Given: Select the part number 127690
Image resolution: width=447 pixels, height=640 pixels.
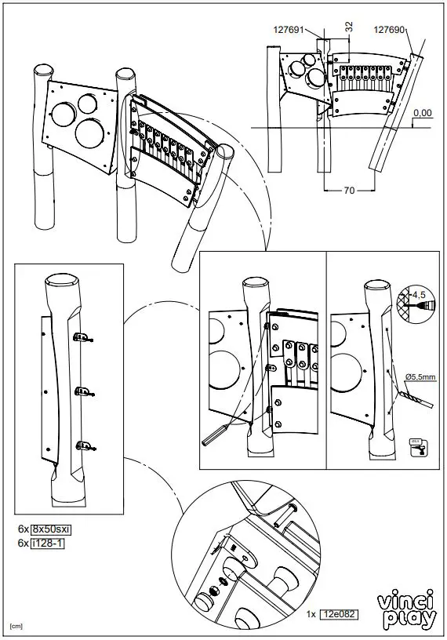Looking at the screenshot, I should (389, 31).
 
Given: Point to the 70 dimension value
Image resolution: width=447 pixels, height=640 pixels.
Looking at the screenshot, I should (347, 190).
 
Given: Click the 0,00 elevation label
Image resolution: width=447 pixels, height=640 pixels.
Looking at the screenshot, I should (422, 113).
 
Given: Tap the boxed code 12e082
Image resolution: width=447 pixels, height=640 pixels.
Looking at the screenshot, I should (337, 616).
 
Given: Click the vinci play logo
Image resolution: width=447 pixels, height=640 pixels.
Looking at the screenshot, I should (407, 611).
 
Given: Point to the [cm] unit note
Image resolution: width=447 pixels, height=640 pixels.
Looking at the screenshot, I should (16, 627).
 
